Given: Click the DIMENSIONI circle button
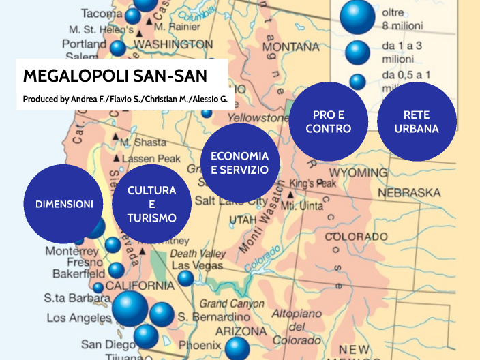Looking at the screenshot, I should (63, 204).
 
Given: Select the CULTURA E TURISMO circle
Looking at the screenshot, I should (151, 204).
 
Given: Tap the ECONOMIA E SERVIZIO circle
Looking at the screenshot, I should (240, 163).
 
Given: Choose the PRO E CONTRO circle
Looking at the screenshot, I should (328, 121).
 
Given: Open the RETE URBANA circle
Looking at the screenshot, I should (416, 121).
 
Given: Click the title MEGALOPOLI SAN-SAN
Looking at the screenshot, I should (115, 76).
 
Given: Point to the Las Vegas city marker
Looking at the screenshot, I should (185, 278).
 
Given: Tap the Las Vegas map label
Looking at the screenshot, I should (197, 265).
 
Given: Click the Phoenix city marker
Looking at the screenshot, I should (237, 348).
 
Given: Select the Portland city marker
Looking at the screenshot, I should (118, 48).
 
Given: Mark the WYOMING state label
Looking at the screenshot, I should (363, 174).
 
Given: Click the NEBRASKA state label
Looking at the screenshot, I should (409, 193).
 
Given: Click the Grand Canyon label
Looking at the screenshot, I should (231, 303).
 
